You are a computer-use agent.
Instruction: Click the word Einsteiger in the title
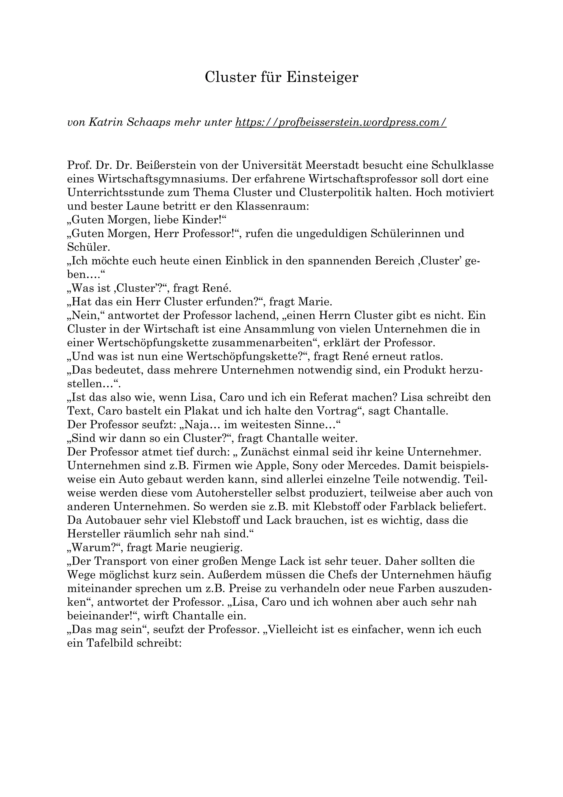pos(322,77)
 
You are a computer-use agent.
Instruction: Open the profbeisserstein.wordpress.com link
pos(341,122)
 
